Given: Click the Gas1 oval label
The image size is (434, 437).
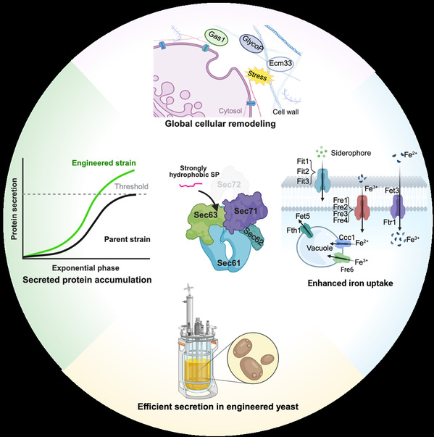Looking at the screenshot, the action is (x=217, y=38).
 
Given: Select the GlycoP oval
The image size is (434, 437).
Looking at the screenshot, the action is (x=252, y=44).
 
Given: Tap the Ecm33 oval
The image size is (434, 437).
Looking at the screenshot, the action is (x=280, y=64).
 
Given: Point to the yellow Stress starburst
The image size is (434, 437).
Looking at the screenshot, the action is (x=258, y=76).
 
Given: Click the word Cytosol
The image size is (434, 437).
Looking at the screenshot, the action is (x=230, y=111).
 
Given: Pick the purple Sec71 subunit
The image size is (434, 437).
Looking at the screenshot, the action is (x=245, y=211).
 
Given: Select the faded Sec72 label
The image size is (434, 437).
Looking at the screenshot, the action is (x=229, y=184).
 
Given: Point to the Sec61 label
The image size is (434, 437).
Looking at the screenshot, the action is (x=228, y=262).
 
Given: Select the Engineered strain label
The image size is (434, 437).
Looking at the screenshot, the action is (x=104, y=163).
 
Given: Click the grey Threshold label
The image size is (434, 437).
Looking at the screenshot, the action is (x=131, y=186).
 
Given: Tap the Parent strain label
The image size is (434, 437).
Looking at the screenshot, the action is (x=128, y=239).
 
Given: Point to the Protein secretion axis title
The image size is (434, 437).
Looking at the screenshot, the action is (x=14, y=209).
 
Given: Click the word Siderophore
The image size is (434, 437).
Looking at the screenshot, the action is (x=351, y=153).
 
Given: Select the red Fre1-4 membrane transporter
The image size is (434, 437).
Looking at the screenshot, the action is (x=362, y=207).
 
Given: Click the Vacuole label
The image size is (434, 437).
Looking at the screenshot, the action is (x=320, y=248).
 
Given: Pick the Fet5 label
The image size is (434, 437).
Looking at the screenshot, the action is (x=303, y=216).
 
